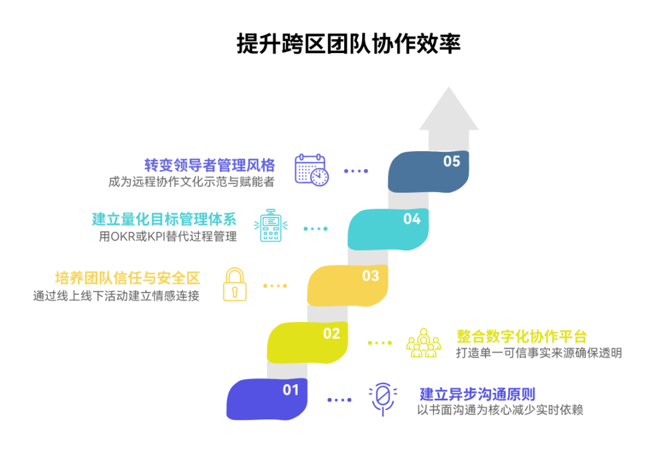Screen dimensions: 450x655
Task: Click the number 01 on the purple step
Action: [291, 390]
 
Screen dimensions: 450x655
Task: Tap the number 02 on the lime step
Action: [331, 333]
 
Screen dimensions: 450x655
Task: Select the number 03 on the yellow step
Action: [371, 276]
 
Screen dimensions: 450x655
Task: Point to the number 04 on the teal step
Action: [412, 219]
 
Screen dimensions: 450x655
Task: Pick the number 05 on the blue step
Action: [452, 161]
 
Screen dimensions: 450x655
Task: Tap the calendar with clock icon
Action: [312, 170]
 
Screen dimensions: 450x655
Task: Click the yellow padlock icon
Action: [234, 285]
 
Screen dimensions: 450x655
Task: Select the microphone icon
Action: [383, 399]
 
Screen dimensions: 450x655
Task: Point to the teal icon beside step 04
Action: [271, 226]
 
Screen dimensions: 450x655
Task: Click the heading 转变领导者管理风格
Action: [210, 165]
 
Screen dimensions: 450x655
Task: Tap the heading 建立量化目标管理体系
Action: [164, 220]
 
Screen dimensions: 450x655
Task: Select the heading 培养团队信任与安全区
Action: [127, 278]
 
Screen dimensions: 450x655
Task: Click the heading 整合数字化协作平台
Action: [521, 336]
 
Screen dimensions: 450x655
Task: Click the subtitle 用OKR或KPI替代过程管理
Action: [168, 237]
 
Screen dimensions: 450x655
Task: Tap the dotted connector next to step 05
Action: [356, 171]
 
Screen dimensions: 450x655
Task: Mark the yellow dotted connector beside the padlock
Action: [275, 285]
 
